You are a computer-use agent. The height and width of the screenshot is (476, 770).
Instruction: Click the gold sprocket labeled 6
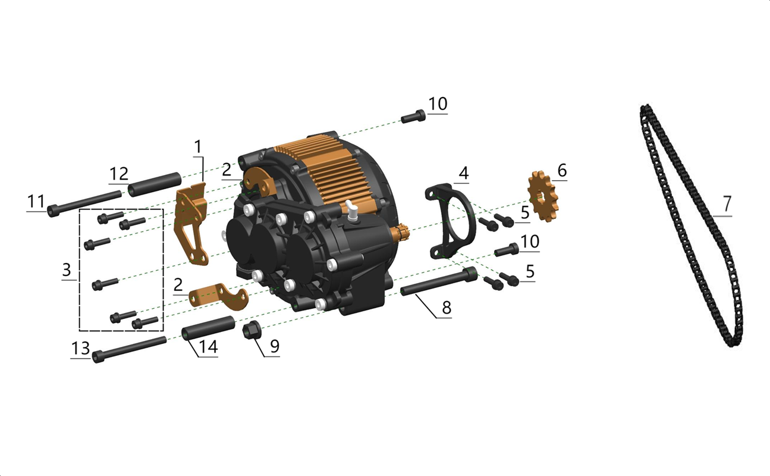543,196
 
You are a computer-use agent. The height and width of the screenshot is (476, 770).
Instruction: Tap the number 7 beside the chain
727,204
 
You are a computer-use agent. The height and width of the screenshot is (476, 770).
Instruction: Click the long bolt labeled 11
84,202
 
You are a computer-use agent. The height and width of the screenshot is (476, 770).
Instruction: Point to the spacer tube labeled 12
155,184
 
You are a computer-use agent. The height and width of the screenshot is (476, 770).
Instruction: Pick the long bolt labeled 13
130,349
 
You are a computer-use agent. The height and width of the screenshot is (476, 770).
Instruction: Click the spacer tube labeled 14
208,328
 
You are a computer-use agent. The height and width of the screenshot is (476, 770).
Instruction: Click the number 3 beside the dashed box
67,270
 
